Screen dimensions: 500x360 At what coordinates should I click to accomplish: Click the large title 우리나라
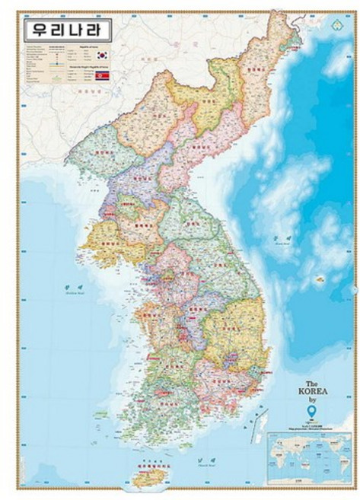(x=67, y=31)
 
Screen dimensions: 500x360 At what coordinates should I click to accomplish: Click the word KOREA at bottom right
(x=317, y=393)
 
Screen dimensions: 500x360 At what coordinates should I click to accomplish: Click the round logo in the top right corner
(x=337, y=24)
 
